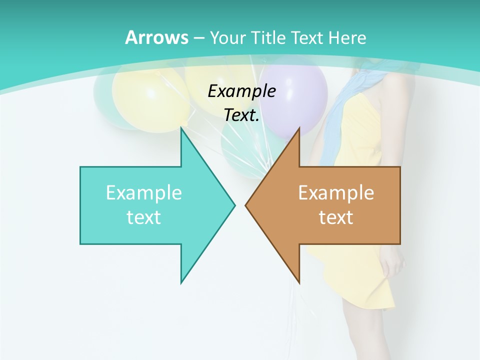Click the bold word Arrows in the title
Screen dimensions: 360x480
pos(156,37)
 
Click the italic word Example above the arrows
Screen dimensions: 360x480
pos(241,91)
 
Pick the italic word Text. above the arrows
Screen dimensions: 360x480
pos(241,115)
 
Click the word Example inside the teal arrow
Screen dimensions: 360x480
pos(143,192)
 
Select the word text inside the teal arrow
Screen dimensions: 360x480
pos(143,217)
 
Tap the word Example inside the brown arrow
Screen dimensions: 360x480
pos(336,192)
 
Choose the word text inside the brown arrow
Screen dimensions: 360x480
pos(336,217)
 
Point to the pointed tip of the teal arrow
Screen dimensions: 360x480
pos(233,205)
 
